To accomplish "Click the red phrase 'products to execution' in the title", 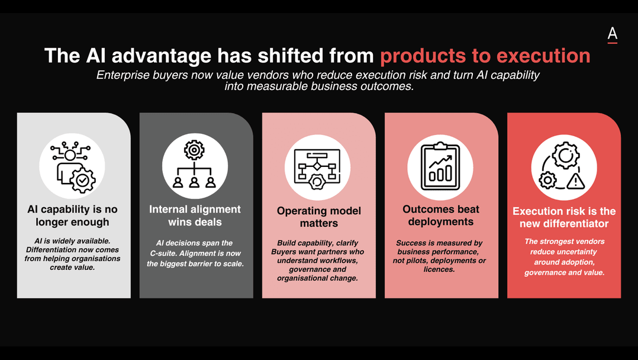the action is click(x=485, y=56).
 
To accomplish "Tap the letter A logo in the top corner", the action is click(x=613, y=35).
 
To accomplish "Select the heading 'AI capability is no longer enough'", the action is click(x=72, y=216).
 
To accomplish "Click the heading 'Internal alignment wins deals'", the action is click(x=195, y=216).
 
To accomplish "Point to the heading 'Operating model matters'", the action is click(x=319, y=217).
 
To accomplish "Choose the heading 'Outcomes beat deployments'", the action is click(x=441, y=216).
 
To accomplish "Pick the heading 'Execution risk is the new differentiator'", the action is click(x=564, y=217).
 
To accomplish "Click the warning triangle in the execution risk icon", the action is click(x=576, y=181).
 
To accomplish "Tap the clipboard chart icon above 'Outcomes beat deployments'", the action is click(x=440, y=166).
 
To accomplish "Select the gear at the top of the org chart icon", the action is click(x=194, y=150).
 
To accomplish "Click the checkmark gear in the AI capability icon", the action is click(x=83, y=179).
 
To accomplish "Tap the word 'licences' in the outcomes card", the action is click(x=439, y=269).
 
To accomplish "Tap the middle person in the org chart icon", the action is click(x=194, y=182).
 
